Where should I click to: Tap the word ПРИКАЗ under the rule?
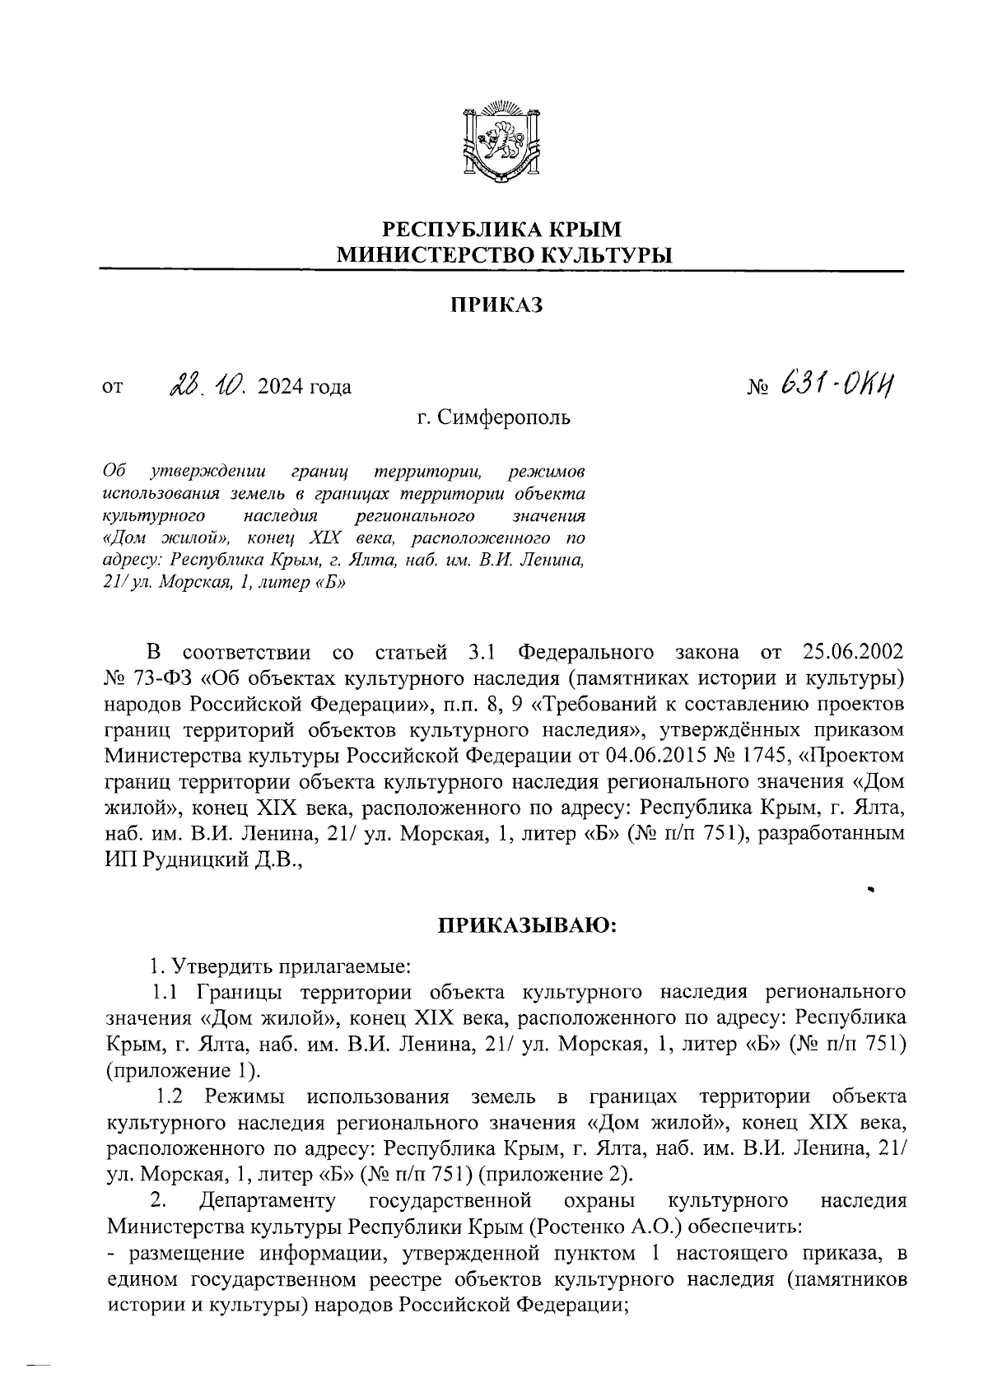(x=496, y=306)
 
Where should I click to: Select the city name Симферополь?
(x=505, y=418)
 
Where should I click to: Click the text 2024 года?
(x=304, y=386)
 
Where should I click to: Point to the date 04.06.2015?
(x=684, y=756)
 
